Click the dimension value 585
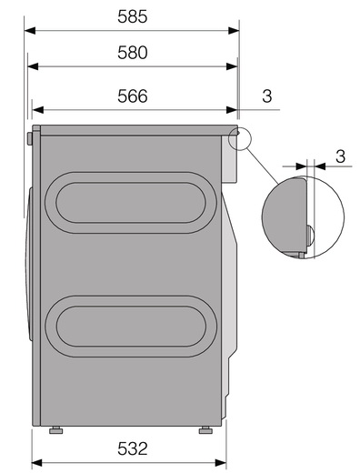click(133, 16)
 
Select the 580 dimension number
click(133, 53)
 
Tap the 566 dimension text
click(133, 96)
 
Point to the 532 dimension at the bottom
click(133, 448)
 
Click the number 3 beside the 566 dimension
click(267, 96)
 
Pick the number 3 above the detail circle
click(341, 156)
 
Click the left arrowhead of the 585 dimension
click(30, 31)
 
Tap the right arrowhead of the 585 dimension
click(234, 31)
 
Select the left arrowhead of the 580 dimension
click(33, 66)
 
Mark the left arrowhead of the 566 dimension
click(37, 110)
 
